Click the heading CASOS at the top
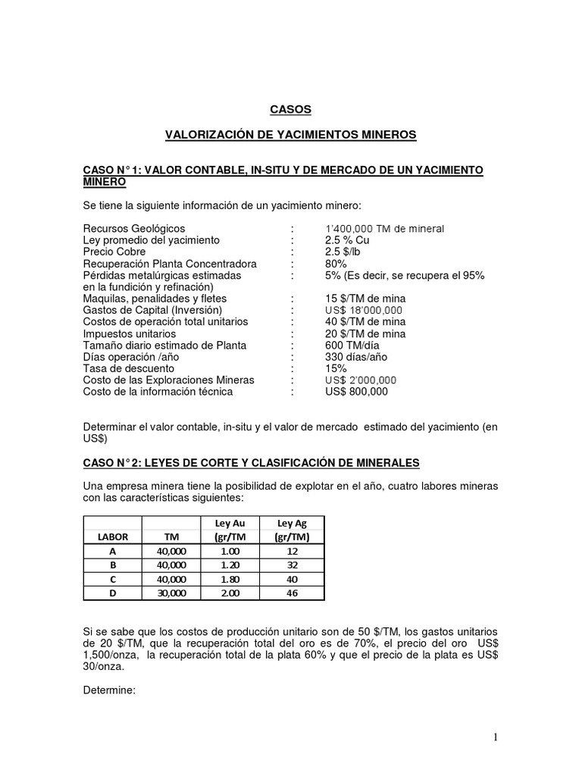(x=291, y=109)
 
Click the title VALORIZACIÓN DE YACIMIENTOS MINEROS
(x=291, y=135)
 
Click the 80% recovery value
(x=336, y=264)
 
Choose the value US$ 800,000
(x=356, y=392)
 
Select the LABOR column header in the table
(x=112, y=537)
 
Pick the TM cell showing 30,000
(x=171, y=593)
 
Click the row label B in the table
(x=112, y=565)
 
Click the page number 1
(x=495, y=737)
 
